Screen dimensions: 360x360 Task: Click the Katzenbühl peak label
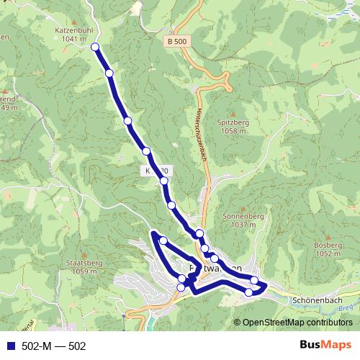coord(74,31)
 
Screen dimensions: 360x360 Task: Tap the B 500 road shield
coord(176,42)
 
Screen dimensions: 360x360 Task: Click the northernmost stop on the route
coord(95,47)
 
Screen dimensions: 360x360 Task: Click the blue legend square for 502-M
coord(10,346)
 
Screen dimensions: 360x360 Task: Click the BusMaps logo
coord(323,345)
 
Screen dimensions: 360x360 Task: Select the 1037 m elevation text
coord(240,225)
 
